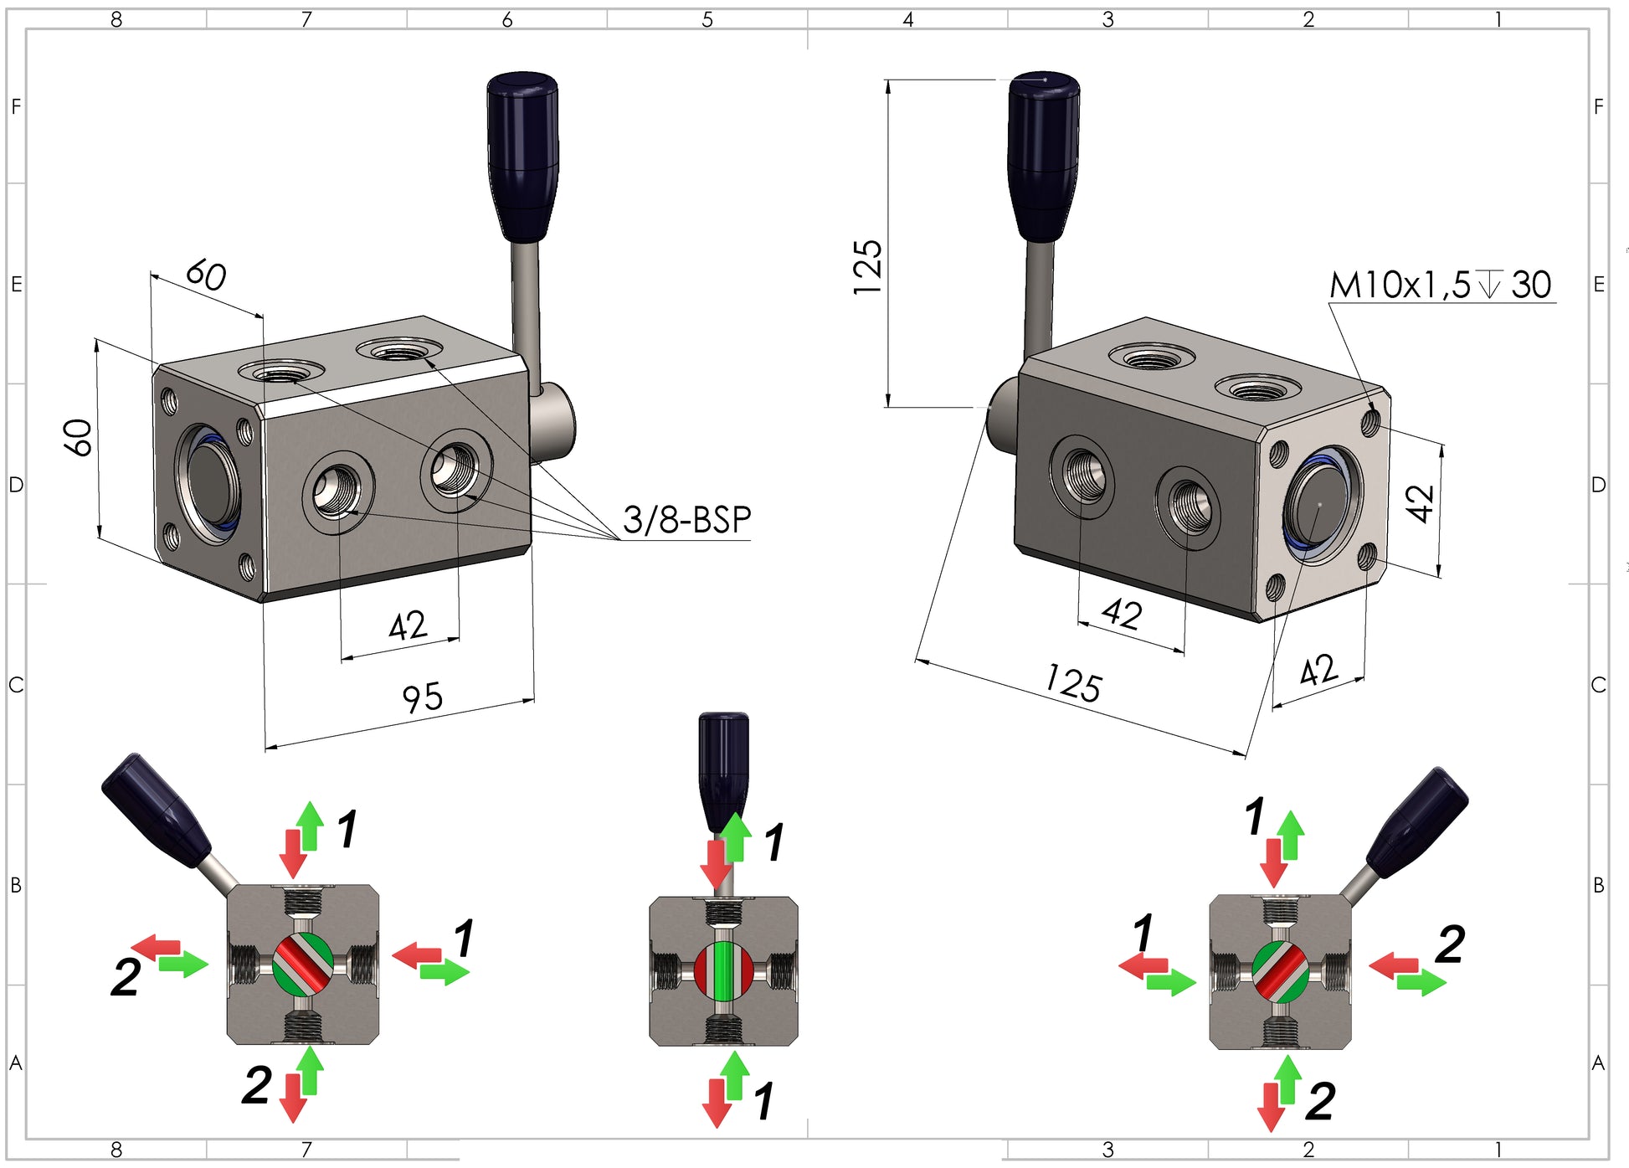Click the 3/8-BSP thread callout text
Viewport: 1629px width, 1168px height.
[686, 520]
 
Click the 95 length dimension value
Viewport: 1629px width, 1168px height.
[422, 697]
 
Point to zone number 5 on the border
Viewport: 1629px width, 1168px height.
[707, 19]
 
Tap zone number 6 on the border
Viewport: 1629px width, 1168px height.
[506, 19]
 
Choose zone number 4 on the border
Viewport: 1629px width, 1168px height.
[907, 19]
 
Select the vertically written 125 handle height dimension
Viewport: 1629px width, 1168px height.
[868, 267]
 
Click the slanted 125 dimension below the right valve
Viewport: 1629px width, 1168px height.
[1072, 683]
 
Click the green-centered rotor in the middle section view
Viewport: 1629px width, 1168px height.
[723, 970]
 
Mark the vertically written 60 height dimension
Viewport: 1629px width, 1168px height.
[78, 437]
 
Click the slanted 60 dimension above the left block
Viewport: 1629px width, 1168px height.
[206, 275]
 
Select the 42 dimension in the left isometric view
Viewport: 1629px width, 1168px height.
[408, 625]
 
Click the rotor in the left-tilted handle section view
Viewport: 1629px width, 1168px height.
[303, 963]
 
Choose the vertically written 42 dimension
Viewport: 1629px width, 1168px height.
[1420, 502]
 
